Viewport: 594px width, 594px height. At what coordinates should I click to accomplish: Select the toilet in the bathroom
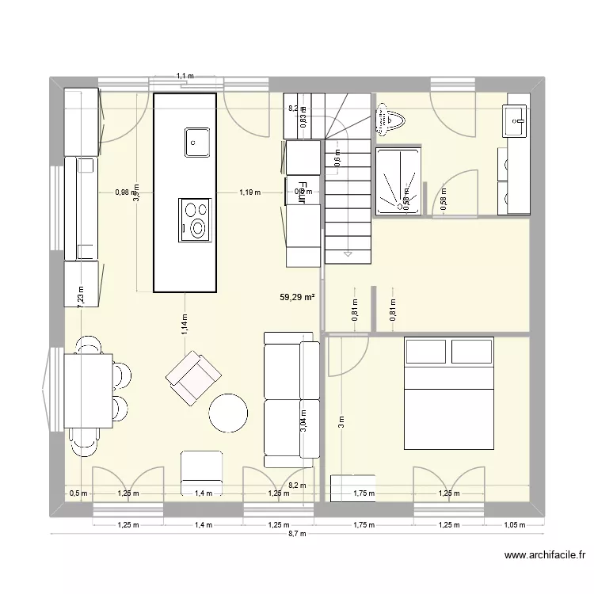coord(391,121)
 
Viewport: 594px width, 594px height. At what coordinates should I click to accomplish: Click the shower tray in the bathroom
coord(397,181)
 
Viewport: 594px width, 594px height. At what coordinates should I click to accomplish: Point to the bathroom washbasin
coord(516,121)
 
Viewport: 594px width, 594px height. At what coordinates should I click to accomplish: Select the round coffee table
coord(229,413)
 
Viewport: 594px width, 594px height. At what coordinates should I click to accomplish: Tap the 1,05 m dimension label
coord(515,524)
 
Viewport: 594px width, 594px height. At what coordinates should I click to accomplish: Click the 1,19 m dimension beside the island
coord(249,192)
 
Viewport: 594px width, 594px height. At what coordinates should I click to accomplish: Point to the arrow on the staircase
coord(348,253)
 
